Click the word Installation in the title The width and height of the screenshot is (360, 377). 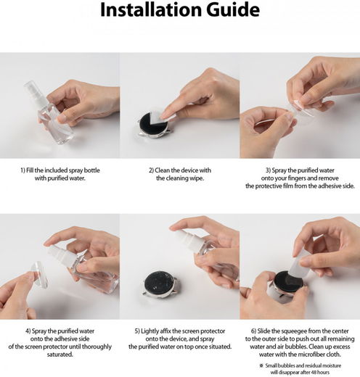click(x=151, y=10)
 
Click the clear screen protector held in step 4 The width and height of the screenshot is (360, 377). click(x=39, y=275)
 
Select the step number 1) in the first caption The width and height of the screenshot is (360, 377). click(x=22, y=170)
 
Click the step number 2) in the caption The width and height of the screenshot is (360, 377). click(x=151, y=170)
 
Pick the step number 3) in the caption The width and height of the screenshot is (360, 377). click(x=268, y=170)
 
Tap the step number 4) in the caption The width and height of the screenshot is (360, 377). click(x=28, y=331)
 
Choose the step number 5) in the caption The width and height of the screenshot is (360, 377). click(x=137, y=331)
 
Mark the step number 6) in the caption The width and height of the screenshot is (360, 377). click(x=253, y=331)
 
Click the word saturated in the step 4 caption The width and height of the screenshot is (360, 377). click(x=60, y=355)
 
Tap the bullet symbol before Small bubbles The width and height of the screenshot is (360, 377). click(x=261, y=365)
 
